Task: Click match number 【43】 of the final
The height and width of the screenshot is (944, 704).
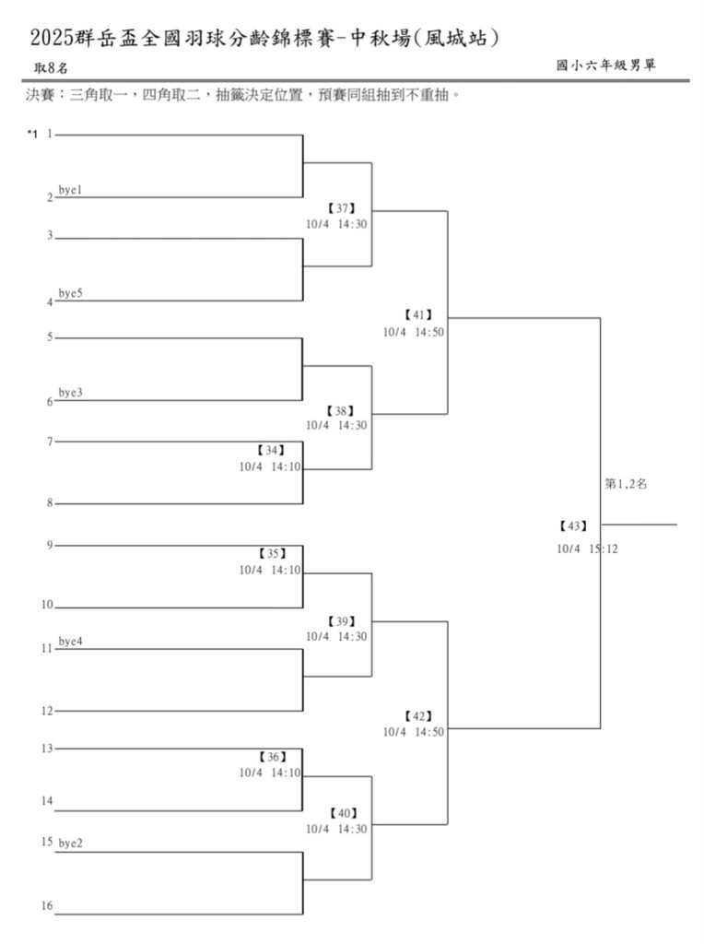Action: click(x=572, y=526)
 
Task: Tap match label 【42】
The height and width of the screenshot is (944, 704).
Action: click(x=417, y=716)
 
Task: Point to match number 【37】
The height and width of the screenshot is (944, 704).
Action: click(x=341, y=208)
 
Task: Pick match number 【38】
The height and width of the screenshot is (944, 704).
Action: click(x=341, y=410)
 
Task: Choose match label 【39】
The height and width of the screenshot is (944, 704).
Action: click(x=341, y=621)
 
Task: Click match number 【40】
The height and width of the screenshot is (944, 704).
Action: click(x=341, y=813)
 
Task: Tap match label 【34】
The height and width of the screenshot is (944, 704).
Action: click(x=272, y=451)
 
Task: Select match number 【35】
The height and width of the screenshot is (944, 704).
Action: click(x=272, y=554)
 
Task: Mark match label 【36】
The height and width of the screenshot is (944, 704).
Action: click(x=272, y=757)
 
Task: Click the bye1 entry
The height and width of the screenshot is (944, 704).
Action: click(x=71, y=190)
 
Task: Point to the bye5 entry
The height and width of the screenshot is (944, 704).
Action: click(x=71, y=293)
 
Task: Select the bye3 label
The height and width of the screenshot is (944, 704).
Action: click(x=71, y=393)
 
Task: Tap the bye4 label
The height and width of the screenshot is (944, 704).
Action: click(x=71, y=641)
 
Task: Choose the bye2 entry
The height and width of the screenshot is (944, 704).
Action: click(x=71, y=843)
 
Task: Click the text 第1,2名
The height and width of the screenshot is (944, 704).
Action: click(x=626, y=483)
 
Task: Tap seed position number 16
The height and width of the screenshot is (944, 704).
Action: click(x=46, y=906)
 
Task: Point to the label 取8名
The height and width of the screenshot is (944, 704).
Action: click(x=51, y=68)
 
